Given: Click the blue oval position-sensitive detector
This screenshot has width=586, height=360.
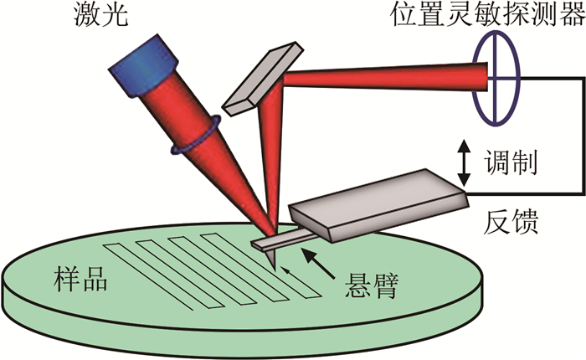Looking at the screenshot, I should tap(495, 79).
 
